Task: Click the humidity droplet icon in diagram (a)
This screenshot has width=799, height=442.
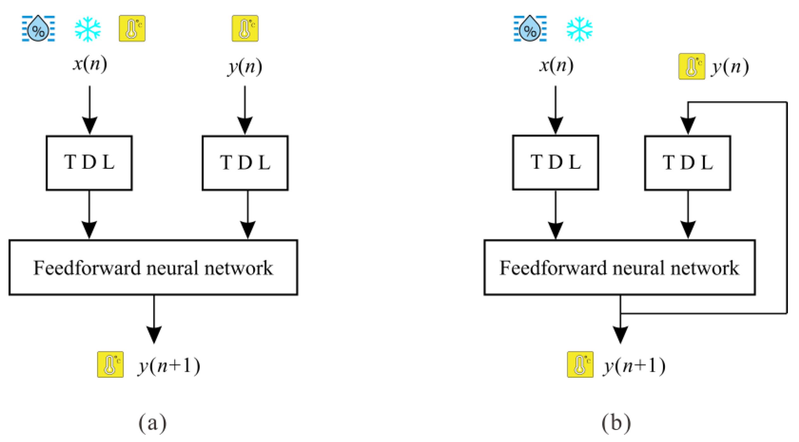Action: pos(38,28)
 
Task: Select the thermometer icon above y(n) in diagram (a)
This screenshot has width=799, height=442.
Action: pos(245,28)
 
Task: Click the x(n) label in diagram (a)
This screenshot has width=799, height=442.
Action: pos(90,64)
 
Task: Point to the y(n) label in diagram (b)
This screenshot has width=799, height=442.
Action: pos(730,67)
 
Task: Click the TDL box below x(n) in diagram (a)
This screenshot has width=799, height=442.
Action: pos(89,163)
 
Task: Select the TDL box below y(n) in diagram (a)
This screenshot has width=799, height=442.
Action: pos(245,163)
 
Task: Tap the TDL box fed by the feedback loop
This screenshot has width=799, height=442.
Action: pos(687,163)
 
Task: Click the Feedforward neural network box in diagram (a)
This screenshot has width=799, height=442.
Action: pos(153,267)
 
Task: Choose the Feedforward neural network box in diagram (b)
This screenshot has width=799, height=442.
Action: pos(619,267)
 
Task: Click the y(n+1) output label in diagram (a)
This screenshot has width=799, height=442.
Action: pos(169,366)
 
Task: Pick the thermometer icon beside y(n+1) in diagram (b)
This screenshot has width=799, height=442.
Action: pos(580,364)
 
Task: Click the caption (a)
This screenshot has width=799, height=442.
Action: pos(152,423)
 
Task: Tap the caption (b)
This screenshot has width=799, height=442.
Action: pos(616,423)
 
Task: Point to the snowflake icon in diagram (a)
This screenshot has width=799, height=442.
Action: pos(88,29)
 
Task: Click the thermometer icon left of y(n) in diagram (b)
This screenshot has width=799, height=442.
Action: pos(691,66)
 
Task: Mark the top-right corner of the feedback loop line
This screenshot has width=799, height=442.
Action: pos(786,102)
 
